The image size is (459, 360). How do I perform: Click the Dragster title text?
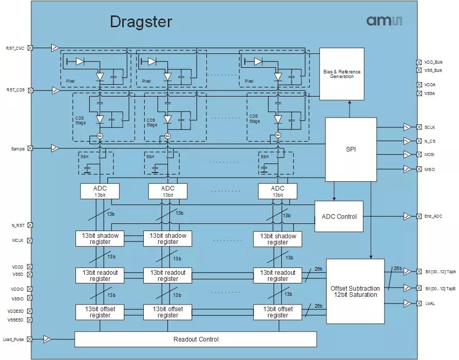tap(141, 22)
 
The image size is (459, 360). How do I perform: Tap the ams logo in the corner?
tap(384, 21)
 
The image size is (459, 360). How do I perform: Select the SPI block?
tap(351, 149)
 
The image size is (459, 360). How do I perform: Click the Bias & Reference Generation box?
tap(341, 74)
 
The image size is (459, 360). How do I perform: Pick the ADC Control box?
tap(339, 216)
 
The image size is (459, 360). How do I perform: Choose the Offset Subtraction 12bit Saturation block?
tap(355, 291)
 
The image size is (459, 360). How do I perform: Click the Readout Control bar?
tap(196, 339)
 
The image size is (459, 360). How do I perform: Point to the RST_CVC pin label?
tap(15, 48)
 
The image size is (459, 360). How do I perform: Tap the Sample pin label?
tap(18, 149)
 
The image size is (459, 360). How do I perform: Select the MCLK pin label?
tap(17, 240)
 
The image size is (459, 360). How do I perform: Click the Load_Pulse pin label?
tap(13, 339)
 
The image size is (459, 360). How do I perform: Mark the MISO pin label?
tap(430, 169)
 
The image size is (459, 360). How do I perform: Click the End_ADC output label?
tap(433, 216)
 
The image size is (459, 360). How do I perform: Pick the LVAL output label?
tap(430, 304)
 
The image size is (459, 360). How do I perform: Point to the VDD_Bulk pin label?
tap(433, 62)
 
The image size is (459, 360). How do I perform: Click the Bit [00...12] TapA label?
tap(440, 271)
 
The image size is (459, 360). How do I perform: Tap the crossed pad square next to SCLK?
tap(419, 127)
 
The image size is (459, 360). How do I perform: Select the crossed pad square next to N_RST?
tap(30, 225)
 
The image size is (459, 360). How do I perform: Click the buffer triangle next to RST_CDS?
tap(55, 90)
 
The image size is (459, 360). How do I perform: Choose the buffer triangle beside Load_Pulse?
tap(47, 339)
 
